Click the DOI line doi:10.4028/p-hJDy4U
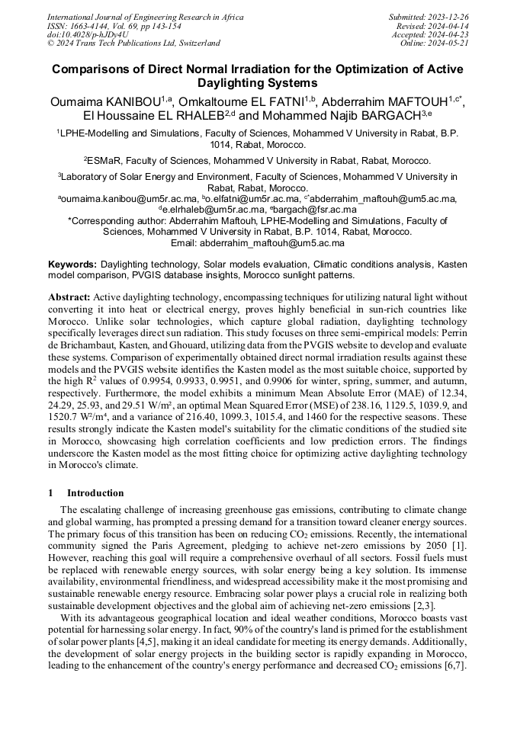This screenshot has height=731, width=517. [x=88, y=34]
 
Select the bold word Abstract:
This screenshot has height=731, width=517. [x=69, y=297]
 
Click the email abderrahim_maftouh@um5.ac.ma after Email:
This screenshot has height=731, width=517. [x=272, y=242]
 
